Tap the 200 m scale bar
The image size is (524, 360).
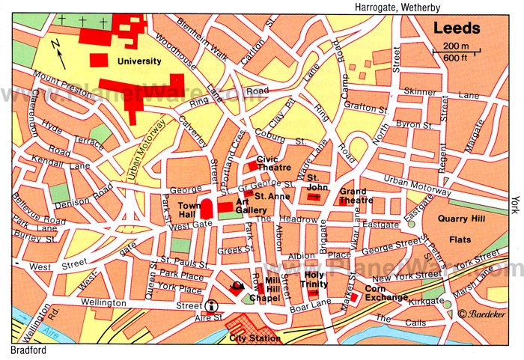pyautogui.click(x=453, y=50)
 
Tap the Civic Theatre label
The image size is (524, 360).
pyautogui.click(x=272, y=163)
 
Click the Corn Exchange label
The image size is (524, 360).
pyautogui.click(x=386, y=293)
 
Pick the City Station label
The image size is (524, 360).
pyautogui.click(x=255, y=338)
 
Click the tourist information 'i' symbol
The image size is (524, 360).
pyautogui.click(x=212, y=305)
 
